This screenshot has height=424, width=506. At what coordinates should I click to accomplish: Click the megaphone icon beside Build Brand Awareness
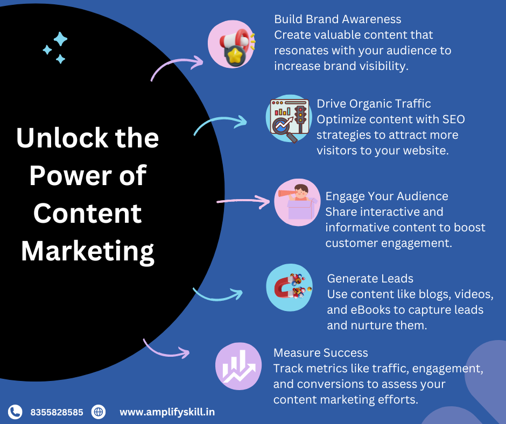[x=231, y=44]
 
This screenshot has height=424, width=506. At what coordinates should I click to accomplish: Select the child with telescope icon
[x=297, y=202]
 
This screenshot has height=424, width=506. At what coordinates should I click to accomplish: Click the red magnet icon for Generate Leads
[x=290, y=287]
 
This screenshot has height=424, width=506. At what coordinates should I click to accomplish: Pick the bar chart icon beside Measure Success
[x=238, y=366]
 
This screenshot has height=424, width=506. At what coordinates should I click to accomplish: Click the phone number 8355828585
[x=57, y=412]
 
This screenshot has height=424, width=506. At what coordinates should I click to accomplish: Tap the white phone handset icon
[x=15, y=412]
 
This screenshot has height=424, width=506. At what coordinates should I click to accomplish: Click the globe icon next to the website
[x=99, y=412]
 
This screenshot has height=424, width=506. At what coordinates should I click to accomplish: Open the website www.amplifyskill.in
[x=167, y=412]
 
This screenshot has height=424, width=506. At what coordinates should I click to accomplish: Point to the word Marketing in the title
[x=88, y=252]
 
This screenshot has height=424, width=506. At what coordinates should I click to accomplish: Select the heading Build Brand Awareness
[x=338, y=19]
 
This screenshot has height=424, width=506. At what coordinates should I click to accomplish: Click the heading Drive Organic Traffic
[x=374, y=104]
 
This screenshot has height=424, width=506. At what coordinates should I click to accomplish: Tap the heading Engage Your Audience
[x=386, y=196]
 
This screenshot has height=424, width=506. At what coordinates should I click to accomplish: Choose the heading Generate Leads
[x=370, y=279]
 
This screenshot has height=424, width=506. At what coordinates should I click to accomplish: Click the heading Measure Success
[x=320, y=352]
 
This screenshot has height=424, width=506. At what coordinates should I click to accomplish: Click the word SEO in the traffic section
[x=453, y=119]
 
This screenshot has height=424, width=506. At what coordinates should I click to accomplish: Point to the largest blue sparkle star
[x=60, y=39]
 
